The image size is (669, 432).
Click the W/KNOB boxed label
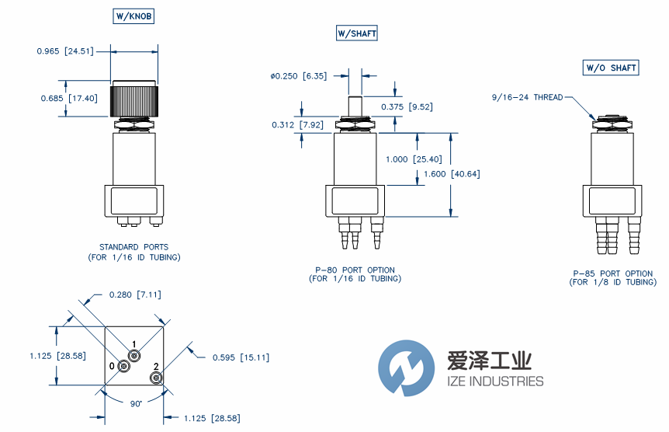point(134,16)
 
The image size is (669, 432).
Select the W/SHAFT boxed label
point(356,33)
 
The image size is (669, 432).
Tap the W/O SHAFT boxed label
point(611,68)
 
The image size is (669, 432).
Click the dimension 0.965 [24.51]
point(65,51)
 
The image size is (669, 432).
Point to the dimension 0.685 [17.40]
point(69,98)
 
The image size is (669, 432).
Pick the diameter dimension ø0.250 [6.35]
point(299,76)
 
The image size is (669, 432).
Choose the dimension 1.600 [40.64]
point(454,173)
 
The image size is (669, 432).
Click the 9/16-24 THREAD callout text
point(527,98)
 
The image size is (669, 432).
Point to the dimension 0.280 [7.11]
point(135,294)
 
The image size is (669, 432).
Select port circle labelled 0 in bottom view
point(124,366)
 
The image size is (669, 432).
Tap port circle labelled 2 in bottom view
point(156,378)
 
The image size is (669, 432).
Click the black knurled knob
point(135,99)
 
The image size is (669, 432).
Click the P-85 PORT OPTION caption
point(612,273)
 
